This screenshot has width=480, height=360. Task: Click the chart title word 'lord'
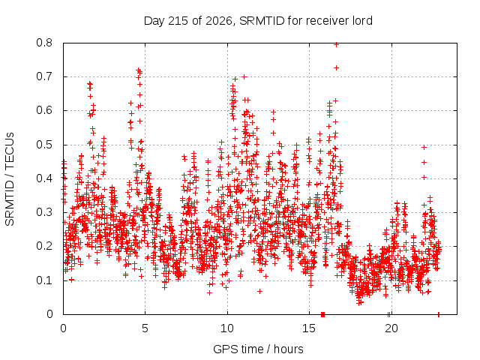(361, 21)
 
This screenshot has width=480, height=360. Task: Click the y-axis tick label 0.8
(44, 43)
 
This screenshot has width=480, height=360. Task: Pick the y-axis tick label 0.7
(44, 76)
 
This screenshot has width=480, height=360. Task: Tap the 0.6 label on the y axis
(44, 110)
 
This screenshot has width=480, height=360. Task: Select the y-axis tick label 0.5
(44, 145)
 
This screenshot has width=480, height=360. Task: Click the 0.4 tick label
(44, 178)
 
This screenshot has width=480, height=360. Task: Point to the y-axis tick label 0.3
(44, 212)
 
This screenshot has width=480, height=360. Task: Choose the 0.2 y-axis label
(44, 246)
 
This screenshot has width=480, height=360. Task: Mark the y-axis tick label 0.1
(44, 280)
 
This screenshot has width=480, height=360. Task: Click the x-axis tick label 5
(145, 328)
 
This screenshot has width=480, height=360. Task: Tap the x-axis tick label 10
(227, 328)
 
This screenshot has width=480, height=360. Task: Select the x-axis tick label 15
(309, 328)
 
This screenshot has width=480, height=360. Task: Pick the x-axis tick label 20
(391, 328)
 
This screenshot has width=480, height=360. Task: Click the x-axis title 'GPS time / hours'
(258, 349)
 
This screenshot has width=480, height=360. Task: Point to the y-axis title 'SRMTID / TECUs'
(10, 179)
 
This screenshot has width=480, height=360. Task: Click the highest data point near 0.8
(336, 45)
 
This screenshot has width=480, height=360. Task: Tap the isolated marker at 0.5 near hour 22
(424, 148)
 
